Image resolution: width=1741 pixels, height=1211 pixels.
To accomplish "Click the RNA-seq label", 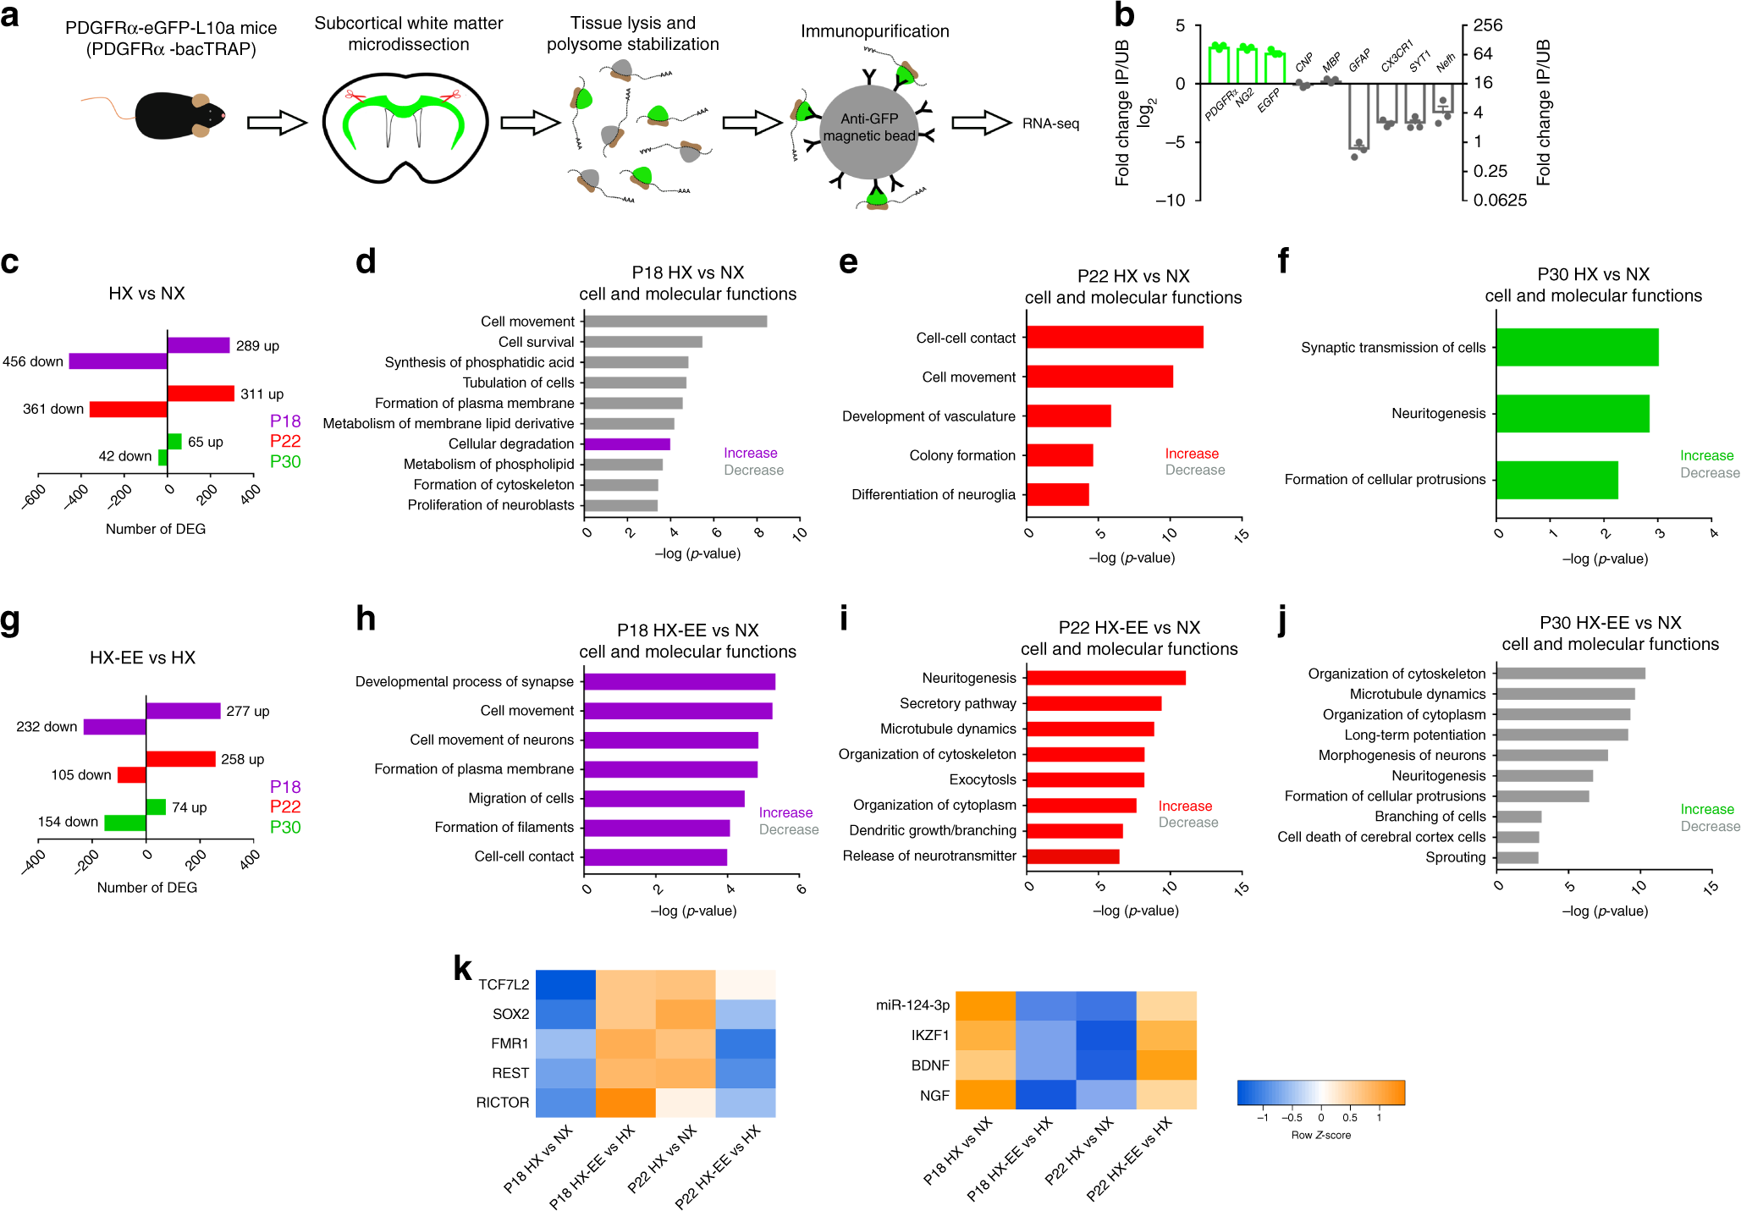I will tap(1050, 124).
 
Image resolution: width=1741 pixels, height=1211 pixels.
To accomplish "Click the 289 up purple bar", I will tap(198, 345).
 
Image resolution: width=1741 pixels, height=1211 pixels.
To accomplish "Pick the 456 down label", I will tap(33, 361).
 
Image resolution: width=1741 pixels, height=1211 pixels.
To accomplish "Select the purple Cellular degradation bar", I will tap(626, 443).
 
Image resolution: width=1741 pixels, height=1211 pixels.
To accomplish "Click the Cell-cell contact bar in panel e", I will tap(1114, 337).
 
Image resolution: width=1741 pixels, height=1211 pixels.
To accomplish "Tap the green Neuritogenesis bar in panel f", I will tap(1572, 413).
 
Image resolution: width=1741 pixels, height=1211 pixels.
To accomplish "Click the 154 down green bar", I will tap(125, 823).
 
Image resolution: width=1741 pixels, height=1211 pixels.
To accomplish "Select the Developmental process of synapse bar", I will tap(679, 681).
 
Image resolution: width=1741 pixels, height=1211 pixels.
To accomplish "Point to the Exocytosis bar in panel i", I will tap(1084, 779).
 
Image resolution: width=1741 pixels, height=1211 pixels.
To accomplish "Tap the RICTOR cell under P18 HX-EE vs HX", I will tap(625, 1103).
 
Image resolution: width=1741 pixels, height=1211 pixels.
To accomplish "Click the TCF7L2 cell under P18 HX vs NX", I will tap(565, 984).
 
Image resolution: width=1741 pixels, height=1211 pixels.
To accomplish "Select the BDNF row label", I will tap(930, 1065).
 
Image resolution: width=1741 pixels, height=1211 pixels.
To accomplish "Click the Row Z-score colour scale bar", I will tap(1320, 1093).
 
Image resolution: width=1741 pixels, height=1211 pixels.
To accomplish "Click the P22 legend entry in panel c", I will tap(285, 441).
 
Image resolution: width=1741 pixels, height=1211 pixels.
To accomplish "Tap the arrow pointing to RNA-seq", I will tap(981, 124).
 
